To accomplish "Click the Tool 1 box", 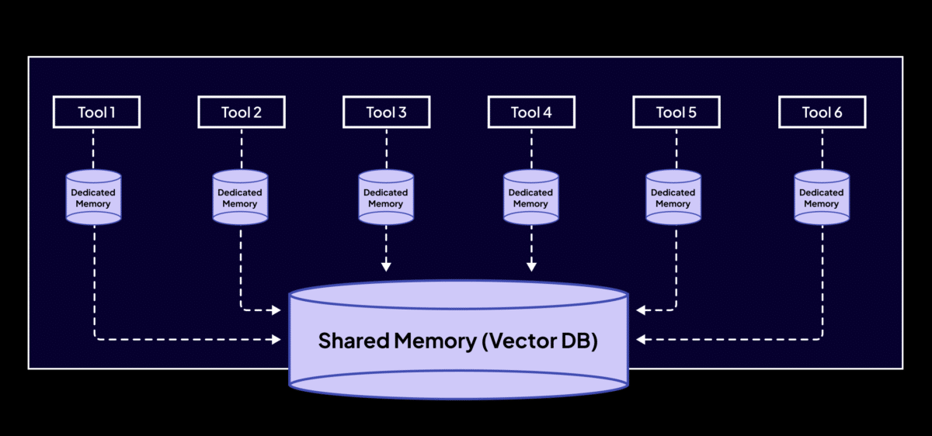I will pos(96,112).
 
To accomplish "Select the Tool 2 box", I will pos(242,112).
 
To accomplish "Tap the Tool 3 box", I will pos(386,112).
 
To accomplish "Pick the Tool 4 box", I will pos(531,112).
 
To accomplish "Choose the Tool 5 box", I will pos(676,112).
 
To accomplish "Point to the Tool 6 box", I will pos(822,112).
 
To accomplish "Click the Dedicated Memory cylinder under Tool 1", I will pos(93,198).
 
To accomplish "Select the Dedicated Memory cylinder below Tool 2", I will pos(240,198).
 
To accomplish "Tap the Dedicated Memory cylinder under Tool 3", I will pos(386,198).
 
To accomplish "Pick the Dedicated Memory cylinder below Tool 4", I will pos(531,198).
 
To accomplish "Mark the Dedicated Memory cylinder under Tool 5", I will pos(673,198).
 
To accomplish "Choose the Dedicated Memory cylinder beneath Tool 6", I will pos(822,198).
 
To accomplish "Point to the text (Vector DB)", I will pos(540,341).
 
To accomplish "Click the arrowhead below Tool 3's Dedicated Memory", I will pos(386,267).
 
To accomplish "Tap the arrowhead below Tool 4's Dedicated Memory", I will pos(531,267).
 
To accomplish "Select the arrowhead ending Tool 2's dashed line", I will pos(276,310).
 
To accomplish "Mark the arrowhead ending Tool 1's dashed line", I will pos(276,339).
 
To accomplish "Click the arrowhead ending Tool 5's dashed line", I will pos(641,310).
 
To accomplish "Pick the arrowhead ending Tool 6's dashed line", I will pos(641,339).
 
